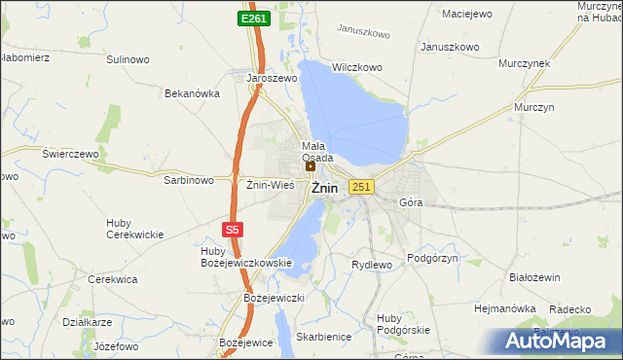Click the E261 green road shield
(254, 18)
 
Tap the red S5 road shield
(231, 230)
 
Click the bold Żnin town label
(325, 189)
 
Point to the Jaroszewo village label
(272, 78)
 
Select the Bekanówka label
(193, 93)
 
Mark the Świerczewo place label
(71, 154)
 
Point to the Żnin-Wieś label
(270, 184)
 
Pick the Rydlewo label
(371, 265)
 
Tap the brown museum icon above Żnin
(311, 166)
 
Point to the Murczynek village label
(525, 62)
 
